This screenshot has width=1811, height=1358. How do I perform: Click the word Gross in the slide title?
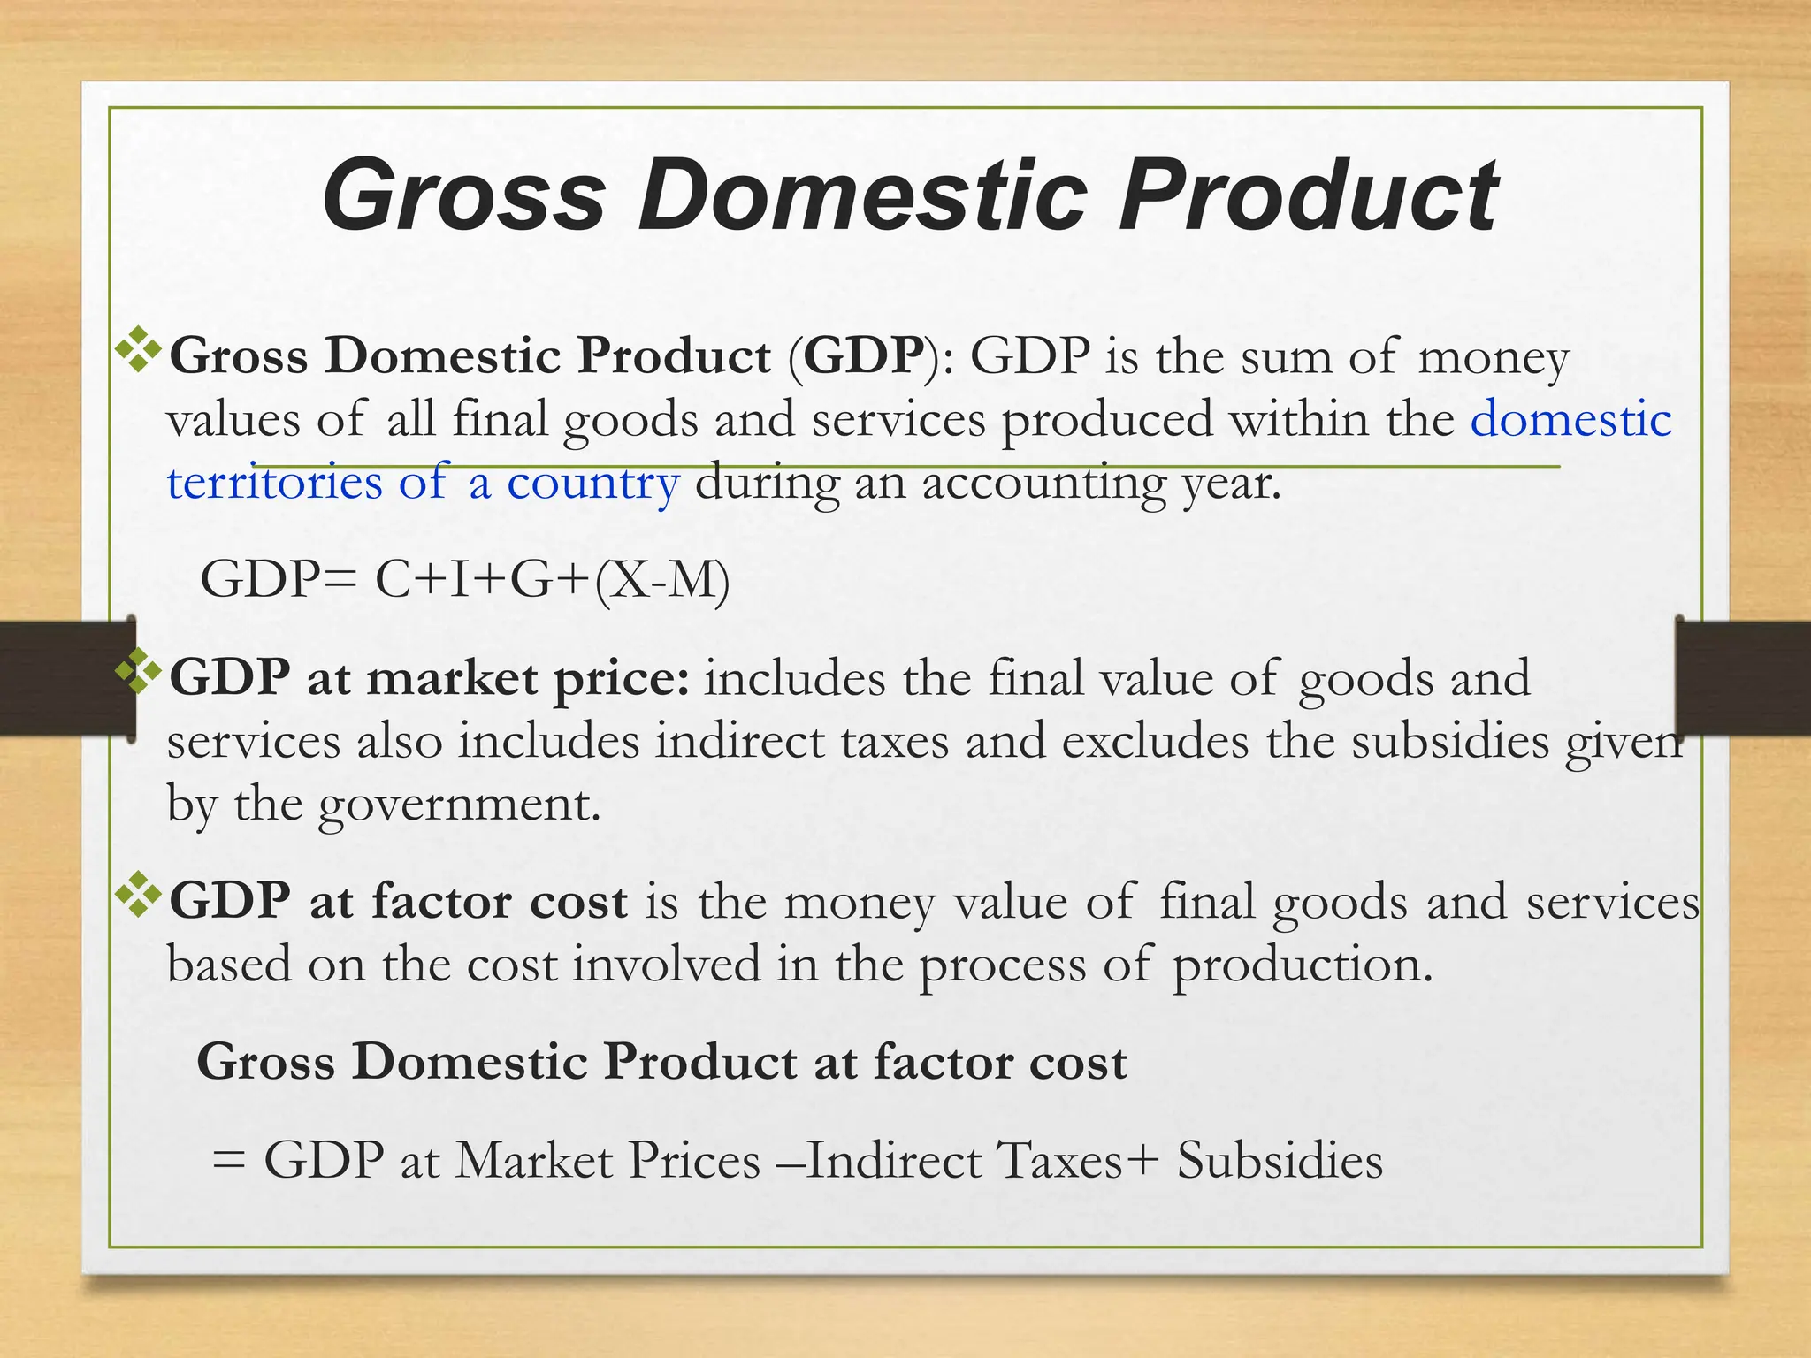click(463, 195)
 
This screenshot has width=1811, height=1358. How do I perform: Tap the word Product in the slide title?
click(1308, 195)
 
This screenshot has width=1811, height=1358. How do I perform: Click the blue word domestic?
click(1570, 418)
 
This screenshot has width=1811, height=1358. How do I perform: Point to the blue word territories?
click(274, 482)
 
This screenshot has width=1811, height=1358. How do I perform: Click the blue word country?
click(592, 484)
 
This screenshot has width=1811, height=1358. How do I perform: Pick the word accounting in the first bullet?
click(1043, 484)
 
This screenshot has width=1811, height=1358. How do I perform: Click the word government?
click(459, 805)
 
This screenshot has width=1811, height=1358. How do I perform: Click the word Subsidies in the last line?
click(1280, 1160)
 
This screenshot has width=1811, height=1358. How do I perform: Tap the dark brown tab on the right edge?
click(1743, 678)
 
